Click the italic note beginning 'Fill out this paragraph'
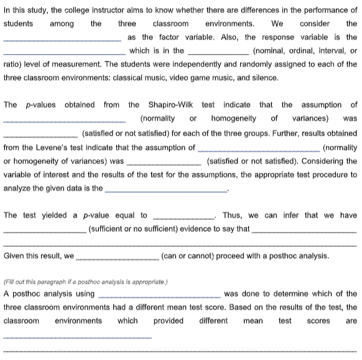[79, 281]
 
